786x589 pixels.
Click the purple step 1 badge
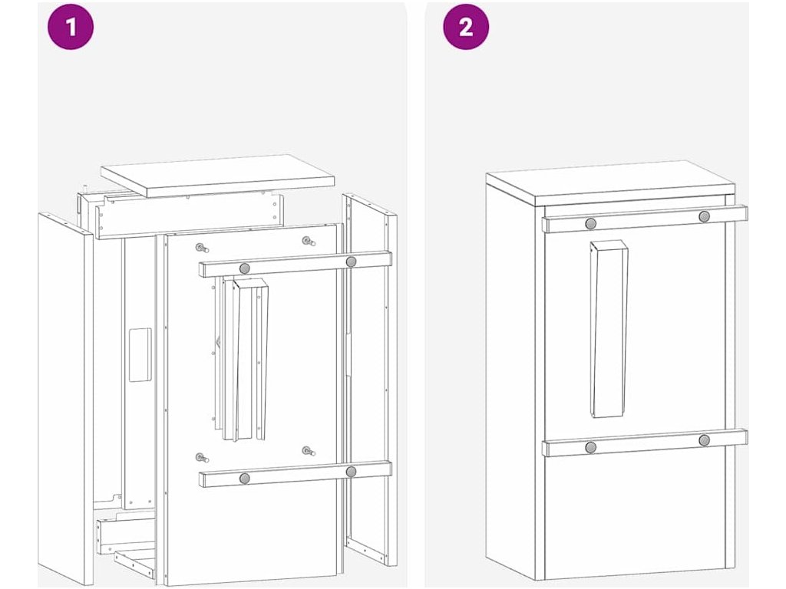[x=71, y=27]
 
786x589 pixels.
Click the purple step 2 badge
[x=466, y=27]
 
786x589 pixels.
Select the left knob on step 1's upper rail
[x=245, y=268]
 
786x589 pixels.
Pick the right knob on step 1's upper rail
[x=351, y=262]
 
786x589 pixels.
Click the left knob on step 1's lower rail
[x=245, y=479]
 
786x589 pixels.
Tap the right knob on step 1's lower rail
[x=351, y=472]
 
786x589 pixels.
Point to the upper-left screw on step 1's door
[x=202, y=248]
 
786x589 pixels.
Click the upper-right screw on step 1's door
[x=309, y=242]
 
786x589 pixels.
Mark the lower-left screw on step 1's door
[x=202, y=457]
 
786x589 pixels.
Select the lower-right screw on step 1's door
[x=309, y=451]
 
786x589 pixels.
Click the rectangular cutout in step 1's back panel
[x=140, y=354]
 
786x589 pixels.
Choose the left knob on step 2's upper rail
[x=591, y=223]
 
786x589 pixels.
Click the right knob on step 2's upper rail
[x=705, y=217]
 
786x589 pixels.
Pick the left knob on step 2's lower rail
[x=591, y=447]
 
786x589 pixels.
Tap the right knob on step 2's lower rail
[x=705, y=440]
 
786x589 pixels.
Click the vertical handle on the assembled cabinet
[x=609, y=329]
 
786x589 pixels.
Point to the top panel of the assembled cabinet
[x=610, y=183]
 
